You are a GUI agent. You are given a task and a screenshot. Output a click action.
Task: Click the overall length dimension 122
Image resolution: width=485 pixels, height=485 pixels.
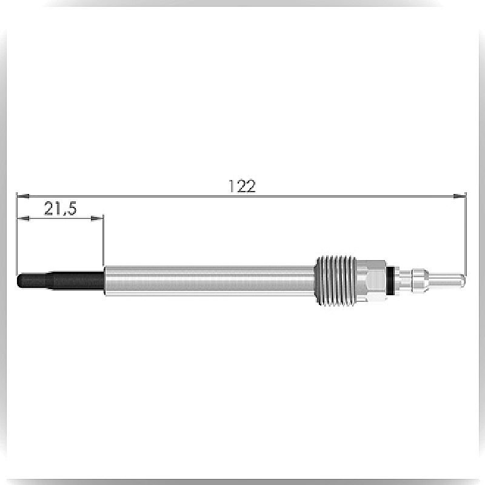pyautogui.click(x=242, y=186)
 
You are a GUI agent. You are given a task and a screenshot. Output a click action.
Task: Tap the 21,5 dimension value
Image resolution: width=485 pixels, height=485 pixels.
pyautogui.click(x=60, y=208)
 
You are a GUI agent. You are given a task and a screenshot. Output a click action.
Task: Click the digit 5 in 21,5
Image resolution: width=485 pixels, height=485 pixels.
pyautogui.click(x=71, y=208)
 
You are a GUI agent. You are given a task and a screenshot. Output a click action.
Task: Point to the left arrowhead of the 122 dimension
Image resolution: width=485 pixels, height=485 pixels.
pyautogui.click(x=23, y=196)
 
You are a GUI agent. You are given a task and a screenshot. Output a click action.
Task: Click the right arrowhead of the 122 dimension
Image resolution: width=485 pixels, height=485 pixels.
pyautogui.click(x=460, y=196)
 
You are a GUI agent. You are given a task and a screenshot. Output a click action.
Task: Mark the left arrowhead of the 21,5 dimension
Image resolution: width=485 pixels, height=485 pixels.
pyautogui.click(x=23, y=219)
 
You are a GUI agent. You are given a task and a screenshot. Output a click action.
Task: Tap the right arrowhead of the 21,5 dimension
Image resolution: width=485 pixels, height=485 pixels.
pyautogui.click(x=97, y=219)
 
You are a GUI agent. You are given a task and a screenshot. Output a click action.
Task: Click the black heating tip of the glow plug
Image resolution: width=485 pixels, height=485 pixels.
pyautogui.click(x=60, y=281)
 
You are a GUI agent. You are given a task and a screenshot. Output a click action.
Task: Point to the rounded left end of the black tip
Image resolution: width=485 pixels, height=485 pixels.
pyautogui.click(x=18, y=281)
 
